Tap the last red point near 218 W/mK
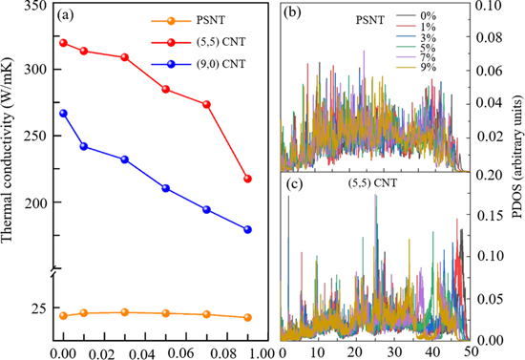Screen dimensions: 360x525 coord(248,179)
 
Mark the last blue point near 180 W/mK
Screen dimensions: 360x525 coord(248,229)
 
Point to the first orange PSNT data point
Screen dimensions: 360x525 coord(63,316)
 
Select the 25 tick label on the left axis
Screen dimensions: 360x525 coord(38,308)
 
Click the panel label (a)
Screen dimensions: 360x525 coord(69,15)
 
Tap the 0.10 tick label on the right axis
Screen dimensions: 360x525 coord(489,8)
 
